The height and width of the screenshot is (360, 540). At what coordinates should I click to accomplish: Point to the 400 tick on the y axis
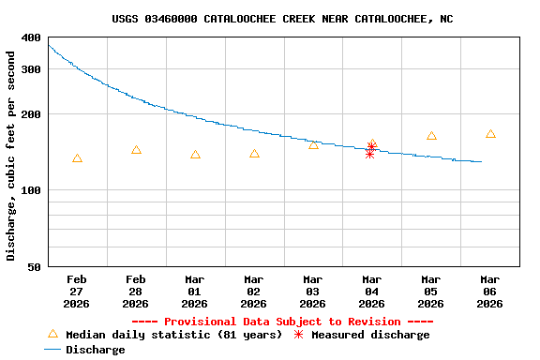coord(31,38)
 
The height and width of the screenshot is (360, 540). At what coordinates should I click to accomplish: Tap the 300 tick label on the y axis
coord(31,69)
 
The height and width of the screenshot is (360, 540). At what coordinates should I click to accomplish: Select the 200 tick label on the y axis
coord(31,114)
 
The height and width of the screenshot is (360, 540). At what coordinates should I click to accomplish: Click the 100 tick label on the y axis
coord(31,191)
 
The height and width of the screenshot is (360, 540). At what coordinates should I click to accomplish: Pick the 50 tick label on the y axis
coord(34,267)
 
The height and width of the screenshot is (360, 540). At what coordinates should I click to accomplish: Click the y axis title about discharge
coord(11,169)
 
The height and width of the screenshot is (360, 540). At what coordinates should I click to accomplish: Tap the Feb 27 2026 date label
coord(77,291)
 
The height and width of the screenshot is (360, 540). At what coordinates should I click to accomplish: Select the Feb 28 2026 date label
coord(136,291)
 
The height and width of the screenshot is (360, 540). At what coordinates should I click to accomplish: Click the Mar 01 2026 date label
coord(195,291)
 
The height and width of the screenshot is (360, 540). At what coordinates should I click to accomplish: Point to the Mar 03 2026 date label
coord(313,291)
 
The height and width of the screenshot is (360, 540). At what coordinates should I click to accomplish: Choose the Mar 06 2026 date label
coord(490,291)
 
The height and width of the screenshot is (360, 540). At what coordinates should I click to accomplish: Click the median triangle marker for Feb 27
coord(77,158)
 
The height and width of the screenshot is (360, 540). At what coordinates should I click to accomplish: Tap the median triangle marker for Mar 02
coord(254,154)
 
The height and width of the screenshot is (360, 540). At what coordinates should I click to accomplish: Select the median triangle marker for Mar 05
coord(431,136)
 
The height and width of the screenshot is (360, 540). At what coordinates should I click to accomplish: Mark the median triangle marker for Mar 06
coord(490,134)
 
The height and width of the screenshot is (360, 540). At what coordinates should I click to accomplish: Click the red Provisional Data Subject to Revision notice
coord(282,322)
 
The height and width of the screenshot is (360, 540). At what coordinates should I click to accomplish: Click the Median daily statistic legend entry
coord(164,335)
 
